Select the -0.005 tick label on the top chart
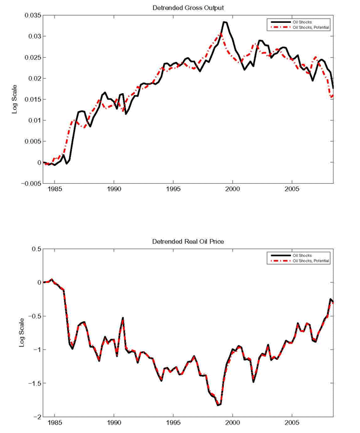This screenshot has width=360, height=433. pos(28,183)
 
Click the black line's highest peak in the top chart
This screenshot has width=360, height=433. pos(224,22)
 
